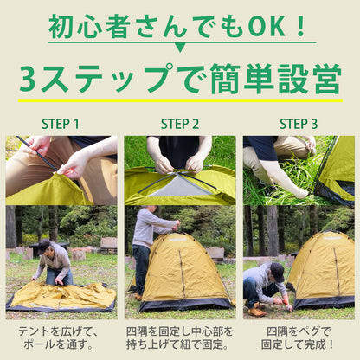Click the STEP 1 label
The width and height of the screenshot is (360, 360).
coord(60,124)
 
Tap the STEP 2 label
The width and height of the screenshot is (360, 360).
coord(179,124)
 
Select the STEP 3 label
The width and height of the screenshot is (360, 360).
coord(298,124)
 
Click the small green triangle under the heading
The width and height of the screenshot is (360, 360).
coord(179,47)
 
